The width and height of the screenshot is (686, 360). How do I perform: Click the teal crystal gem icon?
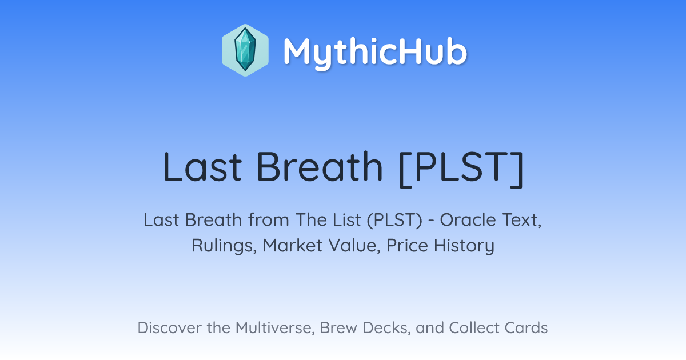245,50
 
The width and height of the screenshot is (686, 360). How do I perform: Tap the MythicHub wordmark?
375,52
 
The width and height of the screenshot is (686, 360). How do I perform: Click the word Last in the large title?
202,167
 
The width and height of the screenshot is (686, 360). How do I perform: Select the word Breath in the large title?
320,167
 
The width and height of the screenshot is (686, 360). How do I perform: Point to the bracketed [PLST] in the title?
461,168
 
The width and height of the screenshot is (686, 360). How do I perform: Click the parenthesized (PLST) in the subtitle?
394,220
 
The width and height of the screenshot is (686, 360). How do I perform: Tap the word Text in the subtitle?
522,221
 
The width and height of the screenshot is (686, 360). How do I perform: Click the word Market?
293,245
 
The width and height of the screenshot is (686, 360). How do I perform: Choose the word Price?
407,245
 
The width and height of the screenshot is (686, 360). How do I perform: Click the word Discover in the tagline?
169,327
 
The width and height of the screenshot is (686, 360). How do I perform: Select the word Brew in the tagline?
338,327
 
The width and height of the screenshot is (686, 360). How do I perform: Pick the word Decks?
386,328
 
